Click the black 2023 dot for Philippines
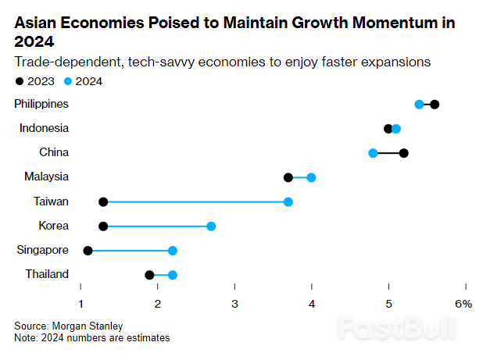pyautogui.click(x=435, y=105)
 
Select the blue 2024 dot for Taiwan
pyautogui.click(x=288, y=201)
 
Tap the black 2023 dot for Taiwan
pyautogui.click(x=103, y=201)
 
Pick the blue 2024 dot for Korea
pyautogui.click(x=211, y=226)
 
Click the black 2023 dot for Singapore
pyautogui.click(x=88, y=251)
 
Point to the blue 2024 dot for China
pyautogui.click(x=373, y=153)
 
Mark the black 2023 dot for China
pyautogui.click(x=404, y=153)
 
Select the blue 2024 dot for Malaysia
pyautogui.click(x=311, y=177)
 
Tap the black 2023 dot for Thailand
pyautogui.click(x=149, y=275)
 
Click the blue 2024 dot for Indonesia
pyautogui.click(x=396, y=129)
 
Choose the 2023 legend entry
pyautogui.click(x=36, y=80)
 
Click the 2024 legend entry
pyautogui.click(x=83, y=80)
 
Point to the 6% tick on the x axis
pyautogui.click(x=464, y=304)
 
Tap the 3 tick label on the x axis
pyautogui.click(x=234, y=304)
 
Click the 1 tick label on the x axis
pyautogui.click(x=80, y=304)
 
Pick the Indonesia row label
pyautogui.click(x=45, y=128)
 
